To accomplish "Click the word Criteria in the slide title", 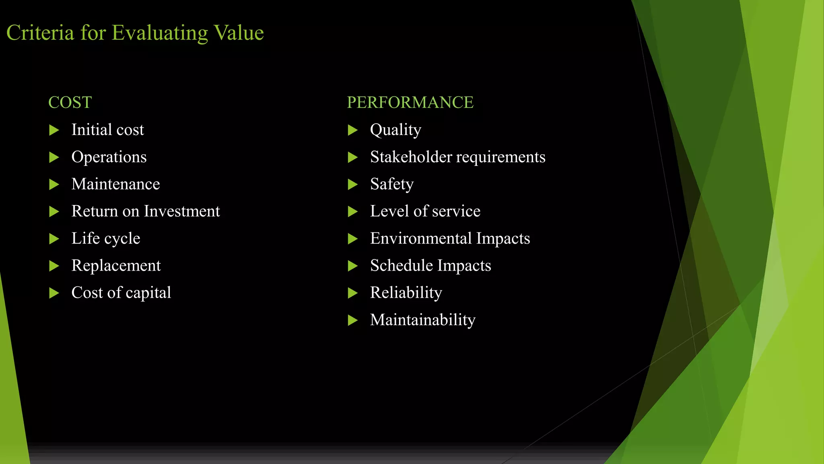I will [40, 33].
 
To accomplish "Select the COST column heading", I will [70, 102].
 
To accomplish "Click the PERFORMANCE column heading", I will [410, 102].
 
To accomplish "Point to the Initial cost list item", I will [107, 130].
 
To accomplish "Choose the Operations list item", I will [109, 157].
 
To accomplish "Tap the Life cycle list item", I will [105, 238].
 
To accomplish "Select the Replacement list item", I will [116, 265].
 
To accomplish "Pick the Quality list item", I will [396, 130].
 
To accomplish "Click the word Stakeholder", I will [411, 157].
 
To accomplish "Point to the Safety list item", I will [391, 184].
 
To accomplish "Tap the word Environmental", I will [420, 238].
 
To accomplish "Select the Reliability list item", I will [406, 293].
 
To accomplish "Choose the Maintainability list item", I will [422, 320].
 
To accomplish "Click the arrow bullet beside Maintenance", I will [54, 184].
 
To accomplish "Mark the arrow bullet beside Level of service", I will [352, 211].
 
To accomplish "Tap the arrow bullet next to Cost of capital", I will [54, 293].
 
